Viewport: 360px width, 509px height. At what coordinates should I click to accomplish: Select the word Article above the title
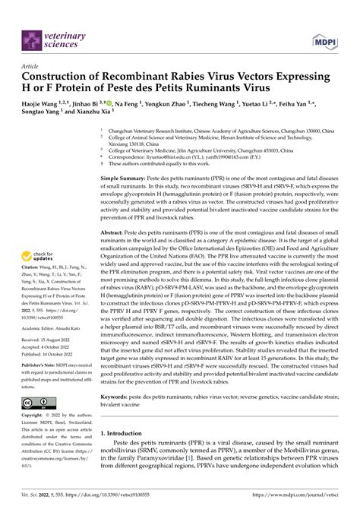pyautogui.click(x=34, y=66)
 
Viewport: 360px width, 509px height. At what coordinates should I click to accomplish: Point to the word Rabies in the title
pyautogui.click(x=207, y=77)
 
